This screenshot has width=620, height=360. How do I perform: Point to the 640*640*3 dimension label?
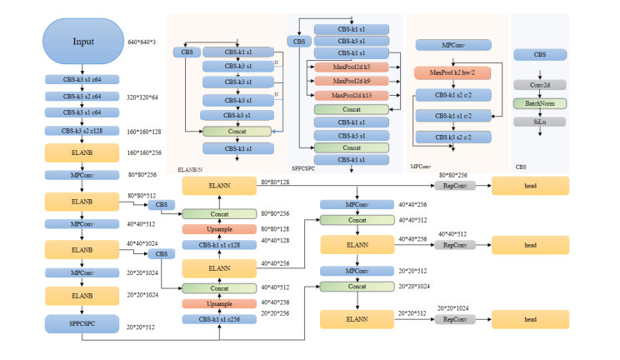[x=143, y=43]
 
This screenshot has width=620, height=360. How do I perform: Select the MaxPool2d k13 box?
[x=350, y=95]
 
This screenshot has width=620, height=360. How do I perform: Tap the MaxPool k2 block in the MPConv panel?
[x=452, y=73]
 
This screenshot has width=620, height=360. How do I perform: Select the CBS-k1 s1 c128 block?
[x=218, y=245]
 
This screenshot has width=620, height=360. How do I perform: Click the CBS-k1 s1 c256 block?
[x=218, y=321]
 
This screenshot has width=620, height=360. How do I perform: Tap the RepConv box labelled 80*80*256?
[x=453, y=185]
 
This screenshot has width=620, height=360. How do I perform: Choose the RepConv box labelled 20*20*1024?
[x=453, y=319]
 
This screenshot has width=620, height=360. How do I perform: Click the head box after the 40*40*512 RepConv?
[x=532, y=245]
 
